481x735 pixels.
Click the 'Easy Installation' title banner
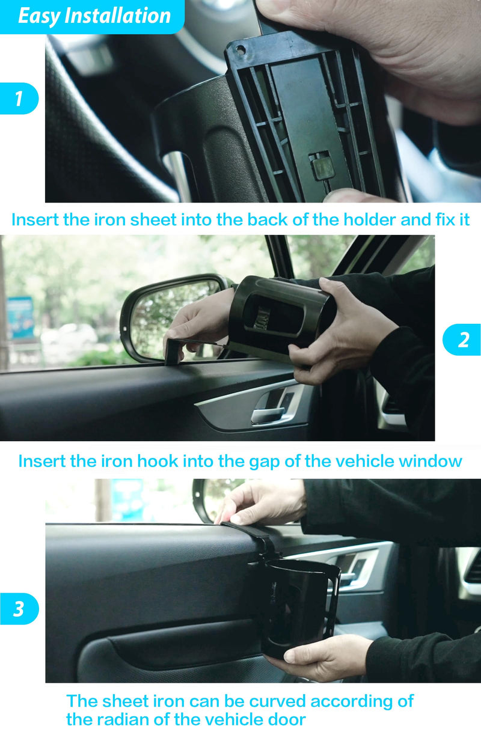(x=92, y=16)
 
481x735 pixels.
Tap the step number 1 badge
(x=19, y=99)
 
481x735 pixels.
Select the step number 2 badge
(x=462, y=340)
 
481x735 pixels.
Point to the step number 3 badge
(x=19, y=609)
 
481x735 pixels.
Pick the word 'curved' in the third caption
(x=277, y=701)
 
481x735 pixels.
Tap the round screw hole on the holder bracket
(x=240, y=50)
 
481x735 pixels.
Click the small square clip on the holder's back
(x=319, y=169)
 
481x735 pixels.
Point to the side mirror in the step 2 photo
(x=174, y=317)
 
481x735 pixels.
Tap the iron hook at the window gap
(x=173, y=351)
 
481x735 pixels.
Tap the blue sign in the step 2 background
(x=20, y=318)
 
